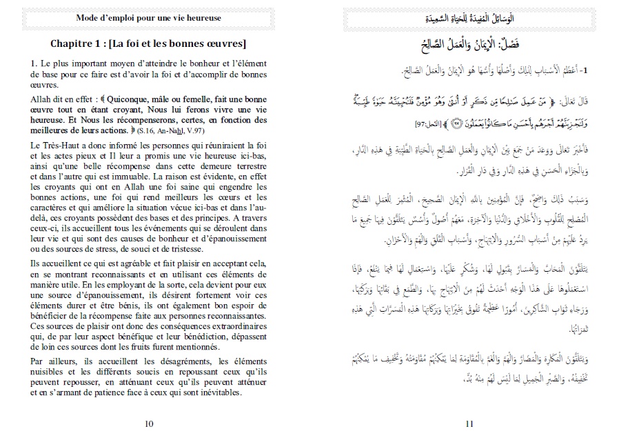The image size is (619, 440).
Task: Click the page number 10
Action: (150, 423)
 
